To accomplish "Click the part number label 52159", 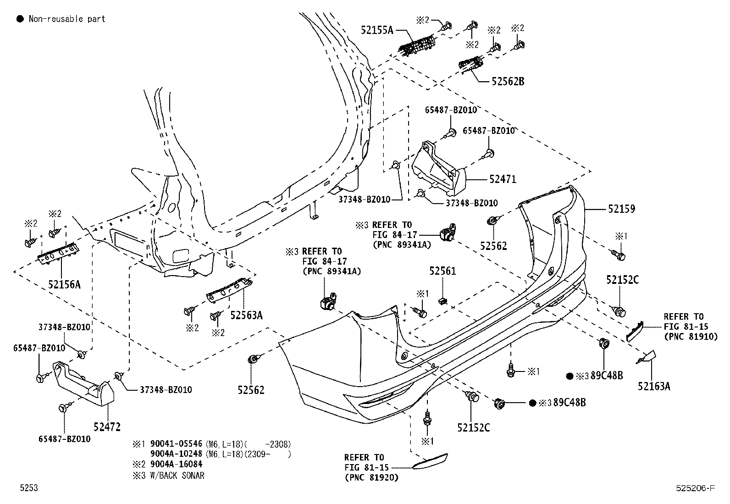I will (x=621, y=209).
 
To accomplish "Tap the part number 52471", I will (x=503, y=179).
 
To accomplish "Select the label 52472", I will (x=107, y=427).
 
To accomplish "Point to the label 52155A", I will (x=377, y=30).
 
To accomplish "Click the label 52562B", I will (x=508, y=82).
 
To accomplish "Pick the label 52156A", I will (x=64, y=284).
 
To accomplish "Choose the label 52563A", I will (x=246, y=315).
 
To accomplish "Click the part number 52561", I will (x=442, y=271).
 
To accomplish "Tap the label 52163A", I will (x=653, y=386).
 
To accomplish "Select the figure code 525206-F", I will (x=695, y=488).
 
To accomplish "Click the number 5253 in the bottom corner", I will (x=28, y=488).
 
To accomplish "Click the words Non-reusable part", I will (x=67, y=19).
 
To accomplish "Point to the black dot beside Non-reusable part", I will (x=20, y=19).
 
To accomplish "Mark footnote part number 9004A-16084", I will (x=177, y=464).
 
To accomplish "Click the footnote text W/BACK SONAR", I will (x=177, y=475).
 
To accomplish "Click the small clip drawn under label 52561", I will (x=443, y=301).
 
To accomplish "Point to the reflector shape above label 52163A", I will (x=635, y=331).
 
